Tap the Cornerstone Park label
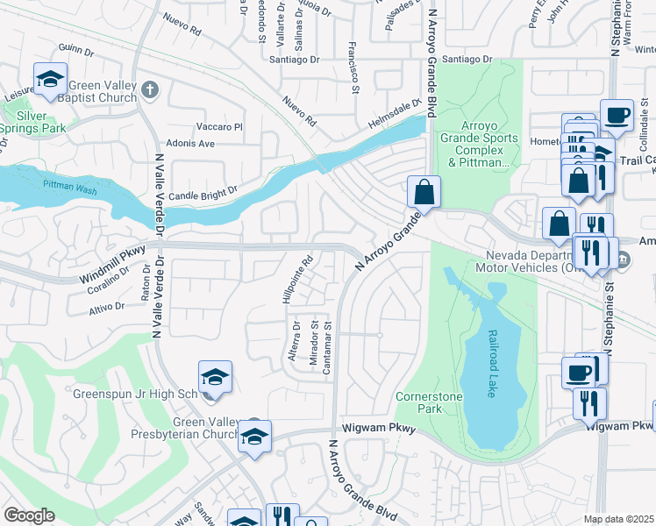pos(429,402)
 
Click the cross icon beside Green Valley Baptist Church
pos(150,89)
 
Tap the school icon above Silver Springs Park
pos(51,80)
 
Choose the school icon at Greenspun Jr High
pos(215,378)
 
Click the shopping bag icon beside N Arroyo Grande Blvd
pos(424,192)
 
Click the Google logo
pos(29,515)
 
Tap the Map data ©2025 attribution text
pos(618,519)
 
